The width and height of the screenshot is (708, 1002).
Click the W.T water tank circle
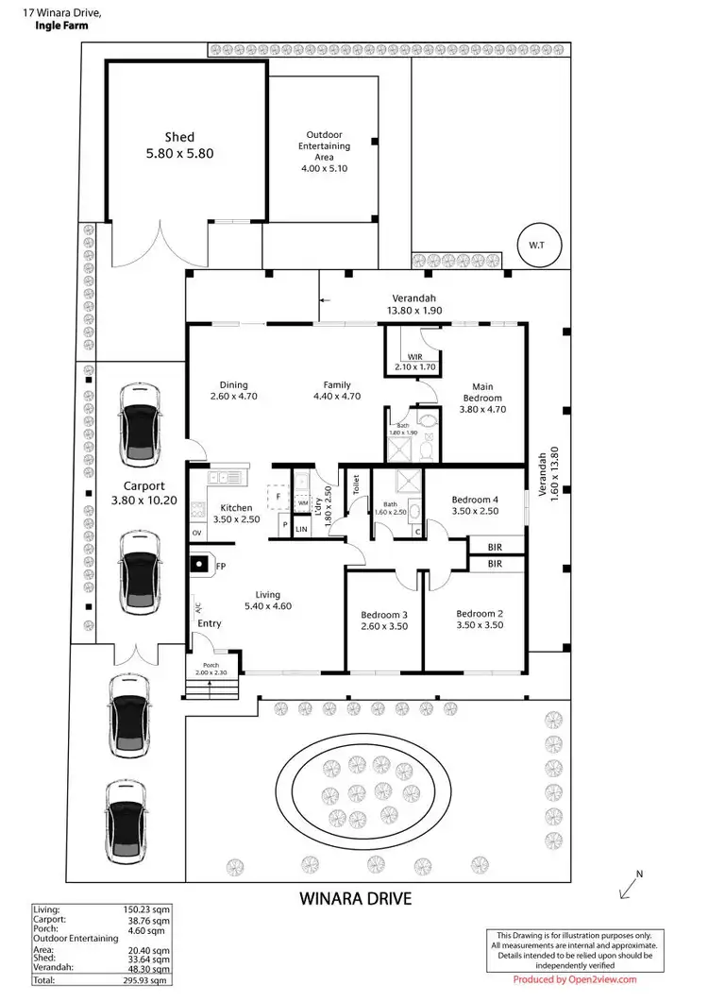point(536,245)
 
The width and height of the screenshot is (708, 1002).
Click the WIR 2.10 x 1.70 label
point(414,362)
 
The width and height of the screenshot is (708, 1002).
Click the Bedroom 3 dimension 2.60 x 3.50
point(384,625)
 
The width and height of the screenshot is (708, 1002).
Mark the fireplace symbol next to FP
point(199,565)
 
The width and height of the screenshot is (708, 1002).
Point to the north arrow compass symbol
point(630,885)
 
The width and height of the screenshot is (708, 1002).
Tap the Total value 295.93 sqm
point(151,982)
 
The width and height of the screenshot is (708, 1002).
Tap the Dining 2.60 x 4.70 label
point(233,390)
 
